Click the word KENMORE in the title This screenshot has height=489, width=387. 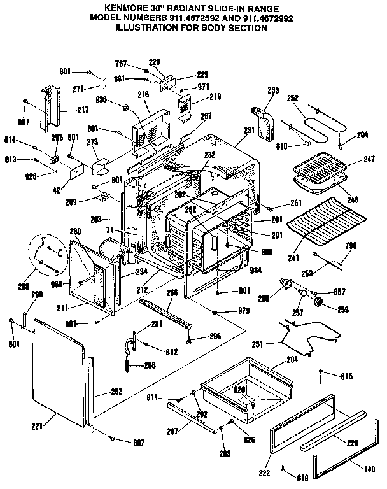click(x=129, y=8)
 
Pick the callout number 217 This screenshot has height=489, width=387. click(x=83, y=110)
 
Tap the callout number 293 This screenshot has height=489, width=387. click(x=273, y=91)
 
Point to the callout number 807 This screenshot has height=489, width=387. click(x=137, y=442)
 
